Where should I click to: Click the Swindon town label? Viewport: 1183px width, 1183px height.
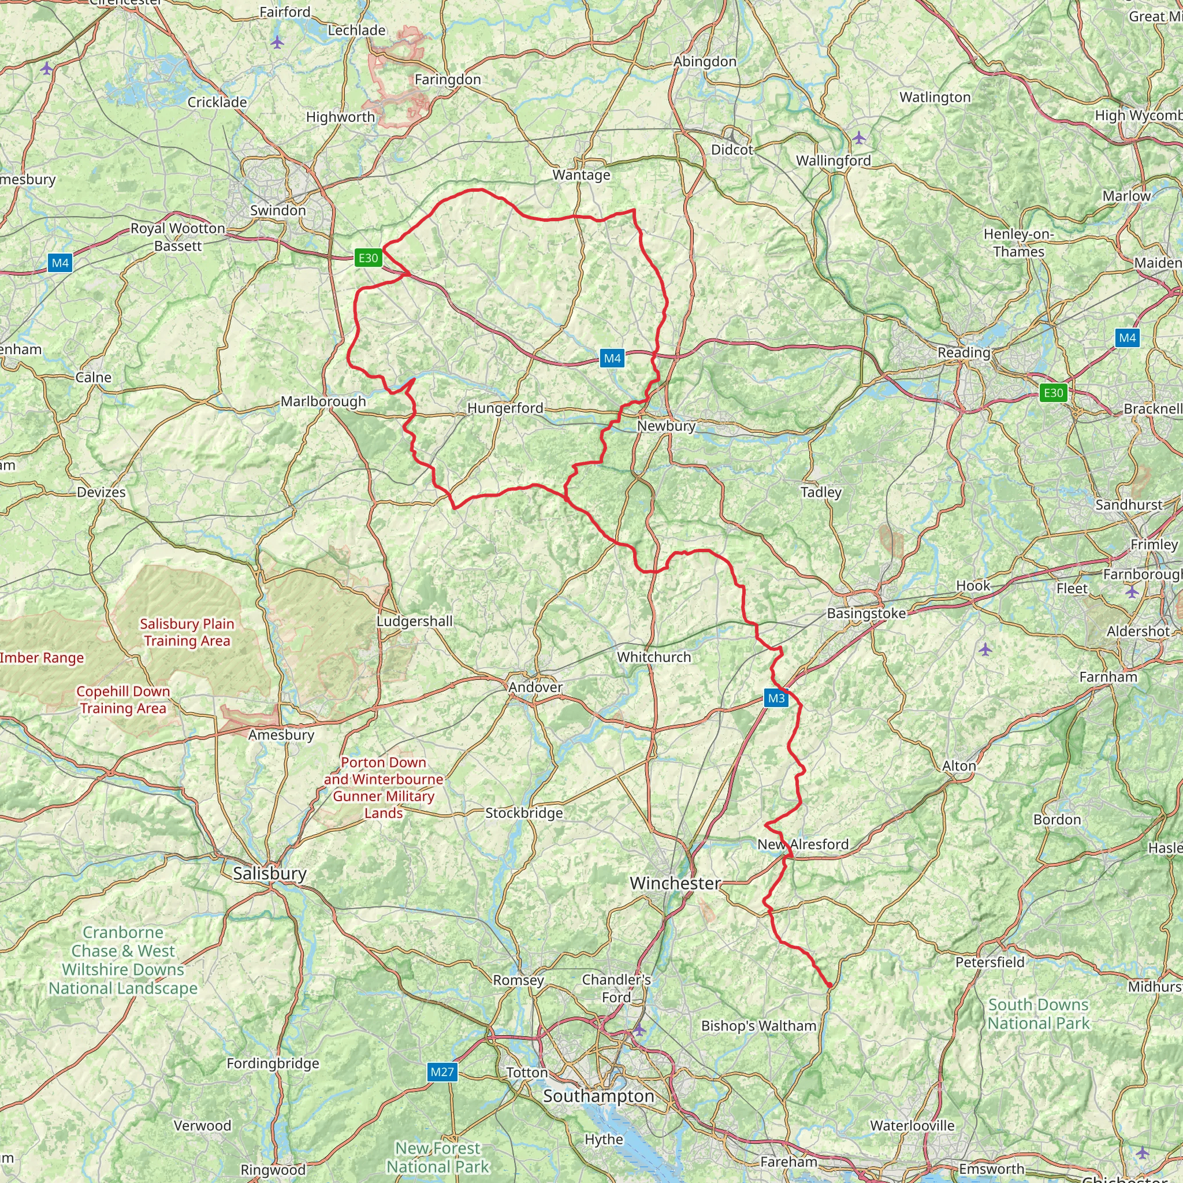pos(277,210)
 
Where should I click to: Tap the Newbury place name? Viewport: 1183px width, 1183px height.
pos(665,426)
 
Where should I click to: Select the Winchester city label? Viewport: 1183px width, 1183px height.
pos(675,883)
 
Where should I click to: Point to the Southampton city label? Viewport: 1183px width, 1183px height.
pos(598,1095)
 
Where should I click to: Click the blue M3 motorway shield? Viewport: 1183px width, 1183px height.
pos(776,698)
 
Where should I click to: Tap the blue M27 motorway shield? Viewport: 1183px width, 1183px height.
pos(442,1072)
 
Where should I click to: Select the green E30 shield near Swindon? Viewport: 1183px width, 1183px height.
pos(368,258)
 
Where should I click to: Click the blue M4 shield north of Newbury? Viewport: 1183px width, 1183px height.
pos(612,359)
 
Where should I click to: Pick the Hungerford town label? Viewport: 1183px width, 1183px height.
pos(505,408)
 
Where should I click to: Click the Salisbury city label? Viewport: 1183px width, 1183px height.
pos(269,873)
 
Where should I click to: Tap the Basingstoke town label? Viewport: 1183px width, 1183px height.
pos(866,613)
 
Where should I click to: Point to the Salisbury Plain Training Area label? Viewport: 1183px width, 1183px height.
pos(187,632)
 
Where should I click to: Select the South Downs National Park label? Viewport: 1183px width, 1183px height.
pos(1038,1013)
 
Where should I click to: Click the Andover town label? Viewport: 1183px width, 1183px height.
pos(535,687)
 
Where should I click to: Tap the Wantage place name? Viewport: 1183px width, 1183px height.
pos(581,175)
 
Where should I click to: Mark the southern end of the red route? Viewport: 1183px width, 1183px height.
pos(829,985)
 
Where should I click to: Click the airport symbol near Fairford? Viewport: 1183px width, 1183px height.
pos(277,42)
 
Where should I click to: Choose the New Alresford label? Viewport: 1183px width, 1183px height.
pos(802,845)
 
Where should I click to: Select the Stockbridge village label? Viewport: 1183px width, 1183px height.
pos(523,813)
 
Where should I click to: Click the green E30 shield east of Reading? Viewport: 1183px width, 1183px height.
pos(1052,392)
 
